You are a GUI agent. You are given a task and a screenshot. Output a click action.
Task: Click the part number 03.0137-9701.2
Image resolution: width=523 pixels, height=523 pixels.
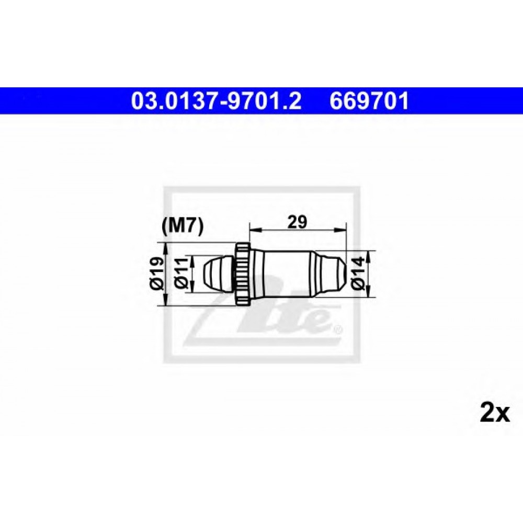coord(216,101)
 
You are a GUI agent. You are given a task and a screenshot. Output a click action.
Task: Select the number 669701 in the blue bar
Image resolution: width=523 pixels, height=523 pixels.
coord(369,101)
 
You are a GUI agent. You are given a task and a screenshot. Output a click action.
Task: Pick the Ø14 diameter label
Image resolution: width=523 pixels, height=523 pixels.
coord(358,274)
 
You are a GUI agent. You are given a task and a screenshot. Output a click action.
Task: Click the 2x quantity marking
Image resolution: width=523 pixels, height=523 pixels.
coord(495,414)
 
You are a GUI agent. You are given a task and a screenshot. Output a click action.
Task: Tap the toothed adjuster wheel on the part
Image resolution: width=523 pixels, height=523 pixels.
coord(243,274)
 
